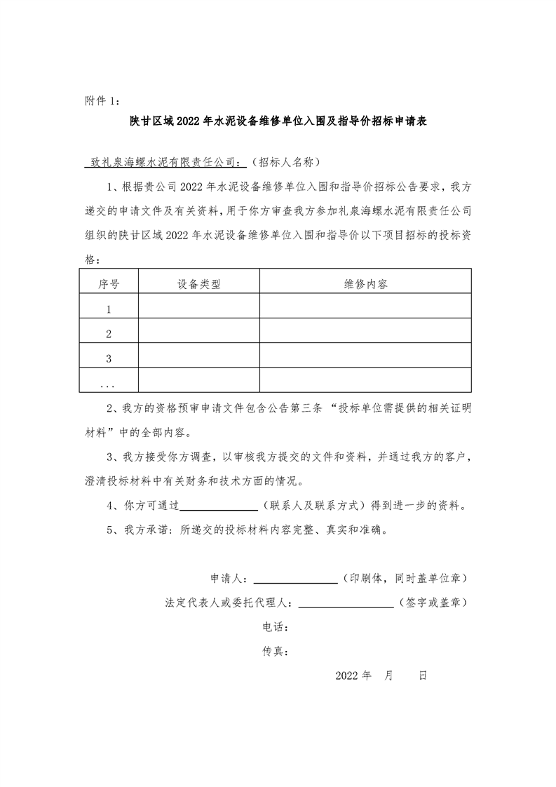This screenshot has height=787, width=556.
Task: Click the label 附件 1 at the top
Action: point(102,101)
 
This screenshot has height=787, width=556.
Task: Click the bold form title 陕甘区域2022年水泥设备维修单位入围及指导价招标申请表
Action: point(278,121)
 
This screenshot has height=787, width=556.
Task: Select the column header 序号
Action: point(109,284)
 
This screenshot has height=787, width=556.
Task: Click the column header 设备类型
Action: point(199,284)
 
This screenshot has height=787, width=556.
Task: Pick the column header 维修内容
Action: point(365,284)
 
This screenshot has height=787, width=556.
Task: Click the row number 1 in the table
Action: point(109,309)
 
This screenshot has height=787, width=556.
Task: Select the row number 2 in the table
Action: point(109,334)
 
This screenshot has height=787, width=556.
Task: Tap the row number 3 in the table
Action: point(109,358)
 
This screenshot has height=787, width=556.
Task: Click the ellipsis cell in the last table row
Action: point(108,383)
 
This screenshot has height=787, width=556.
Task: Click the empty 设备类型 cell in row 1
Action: point(199,309)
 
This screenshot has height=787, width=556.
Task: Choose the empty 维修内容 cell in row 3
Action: point(365,358)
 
